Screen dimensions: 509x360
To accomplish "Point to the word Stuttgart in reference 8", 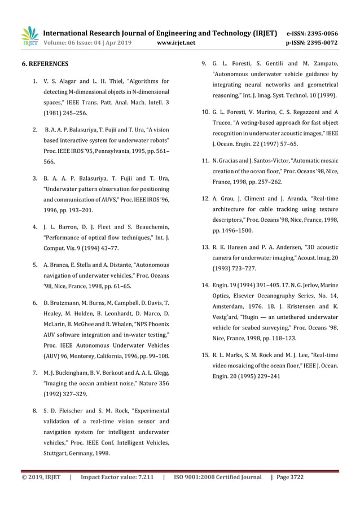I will pos(55,453).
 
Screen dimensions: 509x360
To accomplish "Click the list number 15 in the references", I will pos(206,355).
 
